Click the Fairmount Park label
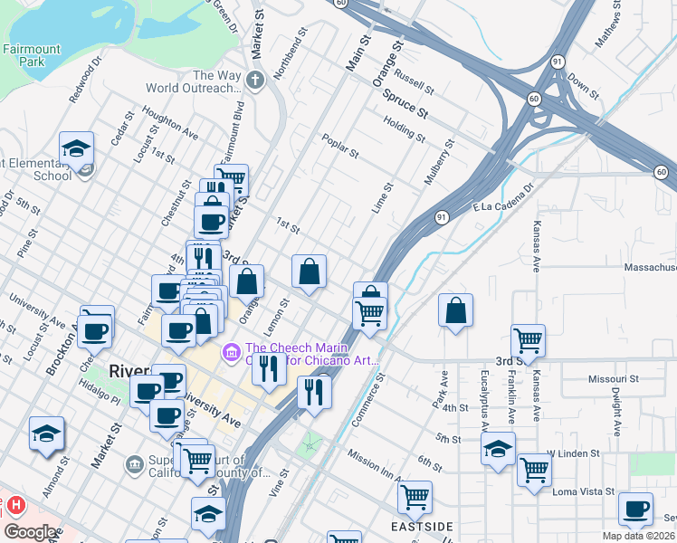tap(32, 56)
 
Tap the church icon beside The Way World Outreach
tap(256, 79)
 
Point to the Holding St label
tap(404, 129)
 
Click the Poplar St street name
tap(342, 149)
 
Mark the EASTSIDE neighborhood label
tap(422, 526)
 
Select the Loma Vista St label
tap(584, 492)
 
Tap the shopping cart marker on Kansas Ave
tap(528, 341)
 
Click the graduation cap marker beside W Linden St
tap(498, 449)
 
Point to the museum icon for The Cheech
tap(232, 349)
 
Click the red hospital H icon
tap(14, 505)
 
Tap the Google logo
tap(30, 531)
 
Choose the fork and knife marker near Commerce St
tap(314, 391)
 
